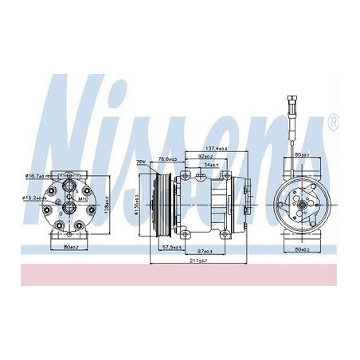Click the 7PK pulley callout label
point(141,162)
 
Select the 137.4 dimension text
point(217,148)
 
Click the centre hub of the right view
point(303,205)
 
